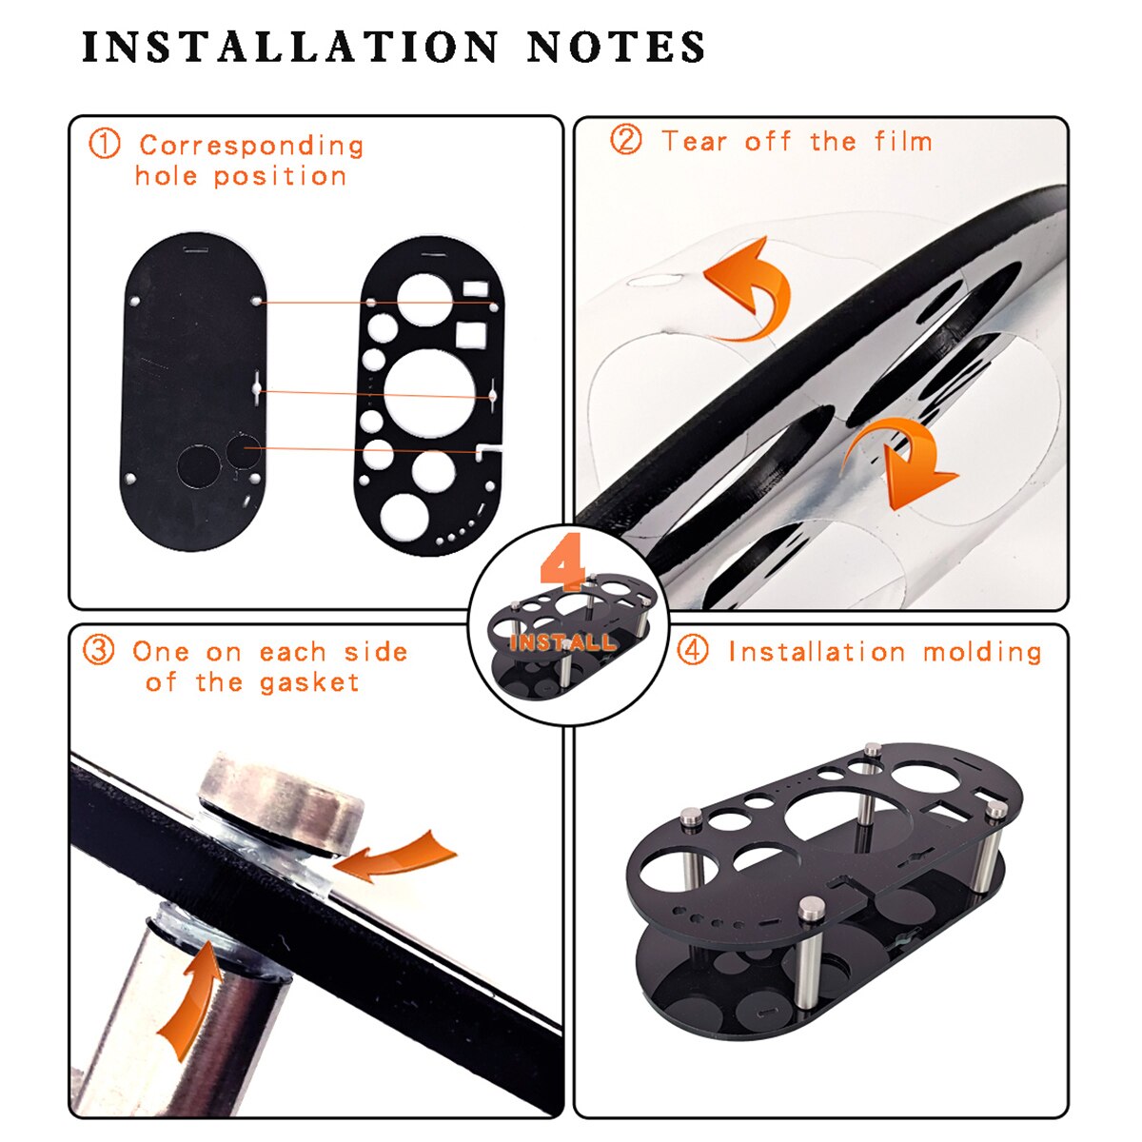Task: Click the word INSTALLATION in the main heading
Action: [x=290, y=48]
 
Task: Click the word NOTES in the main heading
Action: [x=617, y=48]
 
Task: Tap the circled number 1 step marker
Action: [x=105, y=144]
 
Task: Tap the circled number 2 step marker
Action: [x=626, y=140]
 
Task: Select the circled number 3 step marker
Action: [x=98, y=650]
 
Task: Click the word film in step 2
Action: [x=904, y=141]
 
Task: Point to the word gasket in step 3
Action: [x=309, y=683]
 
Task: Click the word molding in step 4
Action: [x=982, y=653]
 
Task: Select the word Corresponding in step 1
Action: [x=251, y=146]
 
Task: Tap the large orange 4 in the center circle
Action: [x=562, y=568]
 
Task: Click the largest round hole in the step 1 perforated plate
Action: [x=429, y=393]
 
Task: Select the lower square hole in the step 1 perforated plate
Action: [x=472, y=334]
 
